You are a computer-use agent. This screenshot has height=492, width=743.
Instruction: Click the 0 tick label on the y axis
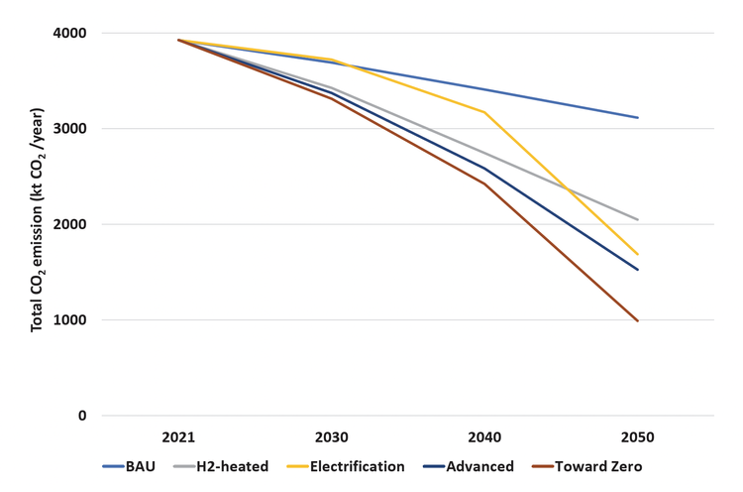tap(82, 416)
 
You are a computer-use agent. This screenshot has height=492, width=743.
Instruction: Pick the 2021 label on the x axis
tap(178, 437)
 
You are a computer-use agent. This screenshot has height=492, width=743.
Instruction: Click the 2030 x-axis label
tap(332, 437)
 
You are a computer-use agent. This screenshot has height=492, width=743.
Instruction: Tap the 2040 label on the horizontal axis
tap(484, 437)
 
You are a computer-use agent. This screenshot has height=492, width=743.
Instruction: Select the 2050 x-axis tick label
tap(637, 437)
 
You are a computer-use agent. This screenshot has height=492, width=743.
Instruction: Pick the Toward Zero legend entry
tap(594, 466)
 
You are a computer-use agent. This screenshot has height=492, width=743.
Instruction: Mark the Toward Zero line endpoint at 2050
tap(638, 321)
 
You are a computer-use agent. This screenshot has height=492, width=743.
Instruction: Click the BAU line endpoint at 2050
tap(638, 118)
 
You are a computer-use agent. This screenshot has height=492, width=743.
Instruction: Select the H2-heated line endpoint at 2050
tap(638, 220)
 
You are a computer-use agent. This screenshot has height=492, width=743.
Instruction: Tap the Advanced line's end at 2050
tap(638, 270)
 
